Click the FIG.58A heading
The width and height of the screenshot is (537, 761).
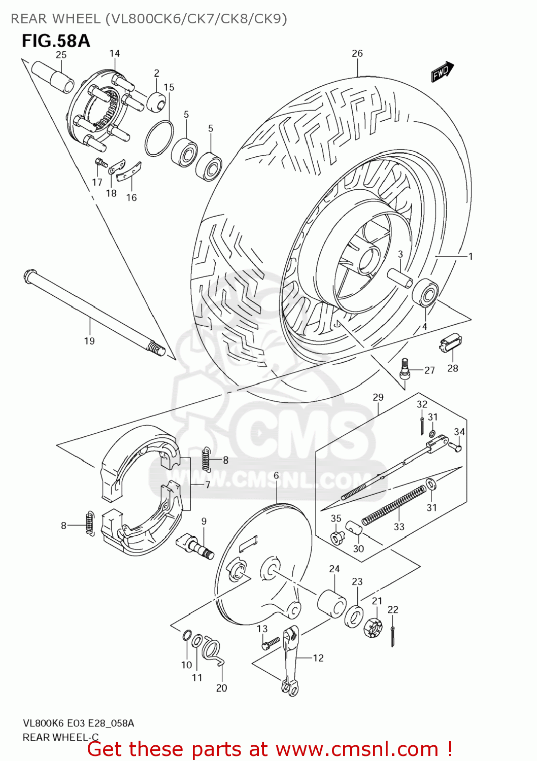[56, 41]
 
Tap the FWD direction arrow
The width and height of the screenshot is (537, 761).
[442, 72]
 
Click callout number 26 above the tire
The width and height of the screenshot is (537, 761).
[357, 53]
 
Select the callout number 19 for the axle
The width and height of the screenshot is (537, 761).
[89, 341]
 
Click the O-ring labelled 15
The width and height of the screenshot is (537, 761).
[159, 139]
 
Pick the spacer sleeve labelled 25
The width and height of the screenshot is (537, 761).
[52, 77]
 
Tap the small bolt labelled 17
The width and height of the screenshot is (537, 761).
[100, 163]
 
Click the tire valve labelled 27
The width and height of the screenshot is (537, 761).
[406, 369]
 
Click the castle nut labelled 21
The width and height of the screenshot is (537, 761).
[373, 628]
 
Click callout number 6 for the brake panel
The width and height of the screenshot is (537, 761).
[276, 475]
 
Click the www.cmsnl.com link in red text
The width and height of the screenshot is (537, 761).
[357, 749]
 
